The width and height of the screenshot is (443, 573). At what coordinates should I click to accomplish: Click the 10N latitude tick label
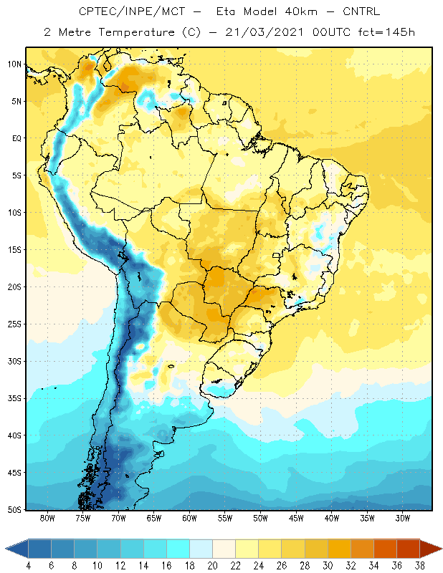(14, 64)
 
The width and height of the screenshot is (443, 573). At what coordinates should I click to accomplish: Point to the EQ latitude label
(16, 138)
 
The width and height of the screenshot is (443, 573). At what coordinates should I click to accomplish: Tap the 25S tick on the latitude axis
(14, 324)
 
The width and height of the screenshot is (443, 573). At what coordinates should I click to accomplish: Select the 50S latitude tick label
(14, 509)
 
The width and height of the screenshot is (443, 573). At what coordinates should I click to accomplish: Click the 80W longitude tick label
(47, 518)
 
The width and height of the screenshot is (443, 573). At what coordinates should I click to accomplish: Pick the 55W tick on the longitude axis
(225, 518)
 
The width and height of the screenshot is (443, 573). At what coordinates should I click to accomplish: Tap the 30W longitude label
(402, 518)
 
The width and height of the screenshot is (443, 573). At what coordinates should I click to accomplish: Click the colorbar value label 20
(212, 566)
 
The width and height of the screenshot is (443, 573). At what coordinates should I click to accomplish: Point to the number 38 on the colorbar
(419, 566)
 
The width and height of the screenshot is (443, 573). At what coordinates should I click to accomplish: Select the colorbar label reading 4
(29, 566)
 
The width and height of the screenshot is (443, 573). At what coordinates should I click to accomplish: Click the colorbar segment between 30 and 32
(339, 549)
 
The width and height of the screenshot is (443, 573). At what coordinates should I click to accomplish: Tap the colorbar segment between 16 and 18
(178, 549)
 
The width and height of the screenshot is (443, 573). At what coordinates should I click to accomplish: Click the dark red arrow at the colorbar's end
(431, 549)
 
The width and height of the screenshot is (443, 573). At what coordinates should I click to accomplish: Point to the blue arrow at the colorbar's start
(16, 549)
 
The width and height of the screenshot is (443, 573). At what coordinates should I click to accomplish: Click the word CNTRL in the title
(361, 11)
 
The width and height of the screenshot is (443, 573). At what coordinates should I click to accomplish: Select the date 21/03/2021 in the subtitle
(264, 32)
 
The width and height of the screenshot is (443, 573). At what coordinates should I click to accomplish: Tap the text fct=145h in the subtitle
(386, 32)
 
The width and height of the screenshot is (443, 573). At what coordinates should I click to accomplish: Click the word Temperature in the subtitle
(136, 33)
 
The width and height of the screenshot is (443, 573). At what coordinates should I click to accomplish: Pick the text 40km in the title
(300, 11)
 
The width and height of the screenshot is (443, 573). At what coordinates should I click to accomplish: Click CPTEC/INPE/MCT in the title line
(132, 11)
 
